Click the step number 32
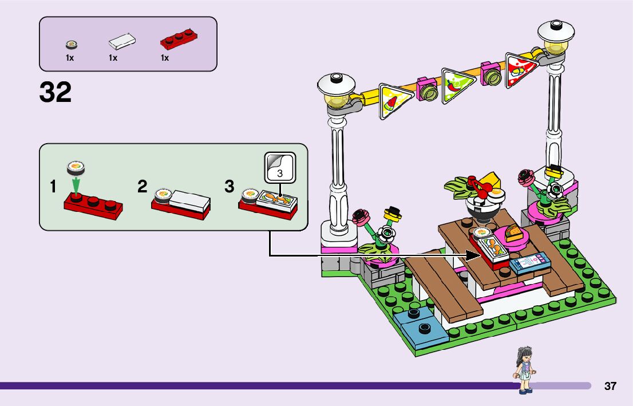point(56,92)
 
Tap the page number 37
point(610,386)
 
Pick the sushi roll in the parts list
point(71,45)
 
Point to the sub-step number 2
point(143,187)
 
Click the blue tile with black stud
point(424,329)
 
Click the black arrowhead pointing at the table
point(475,253)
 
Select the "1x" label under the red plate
point(165,58)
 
